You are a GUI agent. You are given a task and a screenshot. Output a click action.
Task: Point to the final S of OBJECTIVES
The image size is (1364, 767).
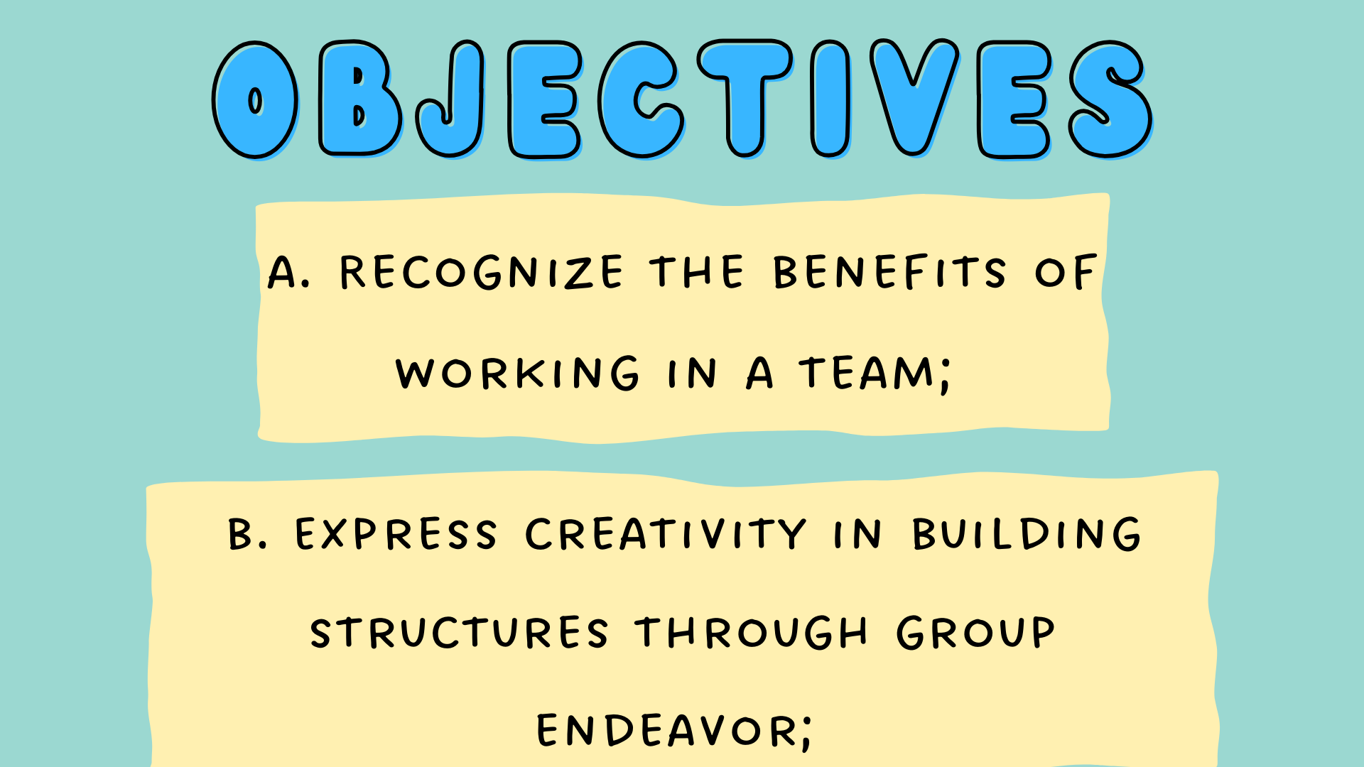pos(1110,99)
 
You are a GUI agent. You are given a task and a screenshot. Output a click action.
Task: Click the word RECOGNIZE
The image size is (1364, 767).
pos(482,272)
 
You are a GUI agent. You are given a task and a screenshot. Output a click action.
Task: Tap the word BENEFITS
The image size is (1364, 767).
pos(889,271)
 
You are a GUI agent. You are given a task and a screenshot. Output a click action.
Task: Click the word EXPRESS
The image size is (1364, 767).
pos(396,534)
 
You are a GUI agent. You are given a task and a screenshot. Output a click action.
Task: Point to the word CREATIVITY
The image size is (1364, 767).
pos(666,534)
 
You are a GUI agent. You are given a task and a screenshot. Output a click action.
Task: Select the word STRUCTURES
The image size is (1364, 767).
pos(459,632)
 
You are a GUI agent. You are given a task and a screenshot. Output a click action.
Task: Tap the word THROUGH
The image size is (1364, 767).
pos(752,632)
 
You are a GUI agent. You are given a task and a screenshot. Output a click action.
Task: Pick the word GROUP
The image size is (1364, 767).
pos(975,632)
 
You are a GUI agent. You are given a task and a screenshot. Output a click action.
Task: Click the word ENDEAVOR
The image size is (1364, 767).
pos(667,730)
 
